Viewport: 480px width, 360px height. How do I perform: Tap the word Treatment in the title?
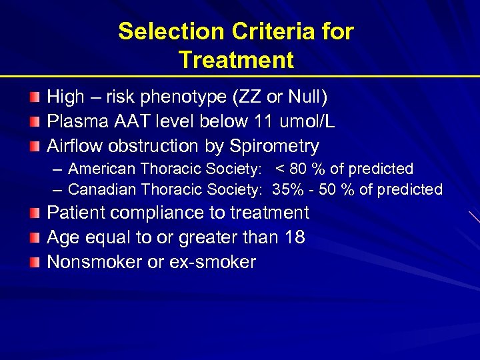(236, 60)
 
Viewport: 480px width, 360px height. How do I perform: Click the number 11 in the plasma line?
(262, 122)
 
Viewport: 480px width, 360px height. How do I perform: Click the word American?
(101, 169)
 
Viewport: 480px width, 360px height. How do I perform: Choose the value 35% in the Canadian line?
(287, 190)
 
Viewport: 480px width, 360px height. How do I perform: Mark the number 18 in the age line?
(295, 237)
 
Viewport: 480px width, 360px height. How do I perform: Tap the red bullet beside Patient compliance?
(35, 213)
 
